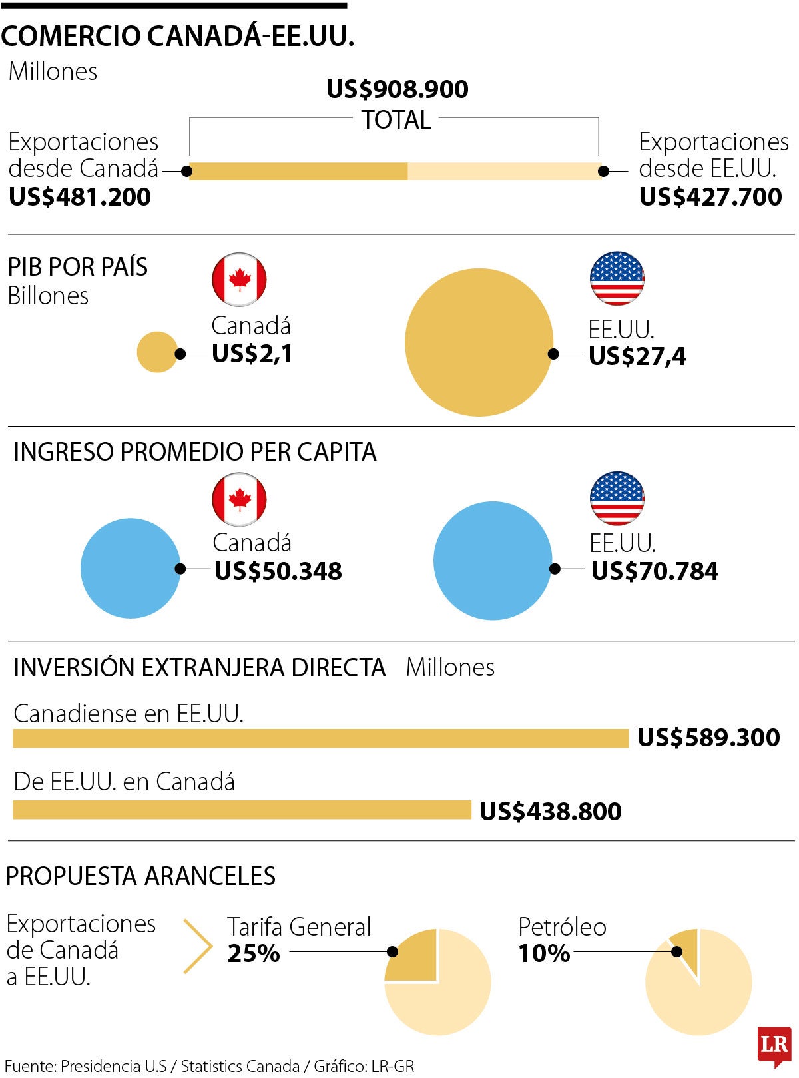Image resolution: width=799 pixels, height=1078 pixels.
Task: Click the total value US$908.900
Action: (x=397, y=89)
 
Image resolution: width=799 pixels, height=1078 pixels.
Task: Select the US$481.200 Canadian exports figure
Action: (x=80, y=197)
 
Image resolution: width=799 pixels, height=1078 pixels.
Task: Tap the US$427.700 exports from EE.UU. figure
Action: (x=710, y=197)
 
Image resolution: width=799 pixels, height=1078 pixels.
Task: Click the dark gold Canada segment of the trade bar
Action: (x=298, y=171)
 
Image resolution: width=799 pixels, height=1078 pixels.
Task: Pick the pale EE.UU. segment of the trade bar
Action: (x=503, y=171)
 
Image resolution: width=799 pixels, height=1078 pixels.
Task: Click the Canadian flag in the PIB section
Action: (x=239, y=280)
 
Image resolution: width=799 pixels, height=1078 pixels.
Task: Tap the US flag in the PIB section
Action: (x=617, y=278)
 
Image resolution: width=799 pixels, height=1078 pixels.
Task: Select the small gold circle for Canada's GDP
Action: (x=157, y=352)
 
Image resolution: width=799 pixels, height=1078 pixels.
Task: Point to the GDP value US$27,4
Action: (x=637, y=356)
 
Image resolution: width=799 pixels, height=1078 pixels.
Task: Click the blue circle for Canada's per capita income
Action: (x=131, y=568)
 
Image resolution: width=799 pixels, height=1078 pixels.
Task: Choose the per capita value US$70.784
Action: (x=655, y=571)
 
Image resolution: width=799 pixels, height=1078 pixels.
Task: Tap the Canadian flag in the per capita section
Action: (x=239, y=499)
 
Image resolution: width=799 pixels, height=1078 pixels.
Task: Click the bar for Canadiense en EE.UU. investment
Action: (x=320, y=738)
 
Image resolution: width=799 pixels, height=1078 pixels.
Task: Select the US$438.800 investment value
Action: (x=551, y=812)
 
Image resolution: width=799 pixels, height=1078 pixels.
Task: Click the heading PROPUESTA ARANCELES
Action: (x=140, y=876)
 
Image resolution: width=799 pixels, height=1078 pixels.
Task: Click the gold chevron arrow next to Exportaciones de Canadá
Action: (x=198, y=946)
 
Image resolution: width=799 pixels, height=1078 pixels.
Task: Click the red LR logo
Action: (x=774, y=1045)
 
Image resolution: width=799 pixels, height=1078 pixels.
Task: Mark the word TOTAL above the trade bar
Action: (x=396, y=120)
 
